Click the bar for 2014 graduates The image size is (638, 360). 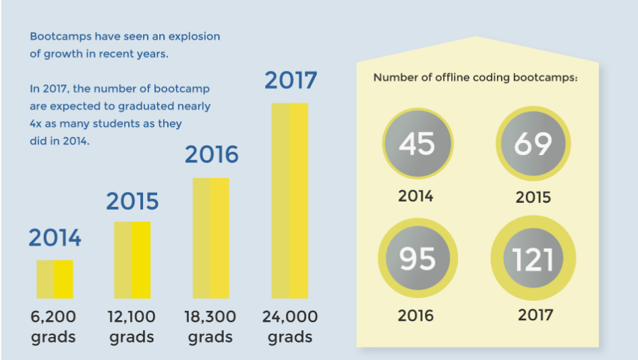(x=54, y=279)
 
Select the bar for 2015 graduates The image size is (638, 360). (x=132, y=260)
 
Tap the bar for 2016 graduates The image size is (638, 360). (x=210, y=238)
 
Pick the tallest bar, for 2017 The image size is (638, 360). (x=289, y=200)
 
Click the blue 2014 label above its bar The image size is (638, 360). (x=55, y=238)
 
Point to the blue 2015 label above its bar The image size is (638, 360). (x=132, y=201)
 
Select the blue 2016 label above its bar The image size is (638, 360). (x=212, y=155)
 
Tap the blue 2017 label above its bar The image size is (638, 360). (x=290, y=80)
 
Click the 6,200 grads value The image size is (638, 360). (x=54, y=326)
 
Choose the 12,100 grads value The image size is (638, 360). (x=132, y=326)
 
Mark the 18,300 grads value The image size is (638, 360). (x=210, y=326)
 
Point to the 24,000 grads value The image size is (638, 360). (x=290, y=326)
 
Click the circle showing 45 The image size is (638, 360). (x=417, y=143)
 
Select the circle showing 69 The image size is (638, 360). (x=533, y=143)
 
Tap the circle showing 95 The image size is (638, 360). (x=417, y=260)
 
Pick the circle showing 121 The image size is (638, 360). (x=533, y=260)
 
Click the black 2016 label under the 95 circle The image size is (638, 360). (x=415, y=316)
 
